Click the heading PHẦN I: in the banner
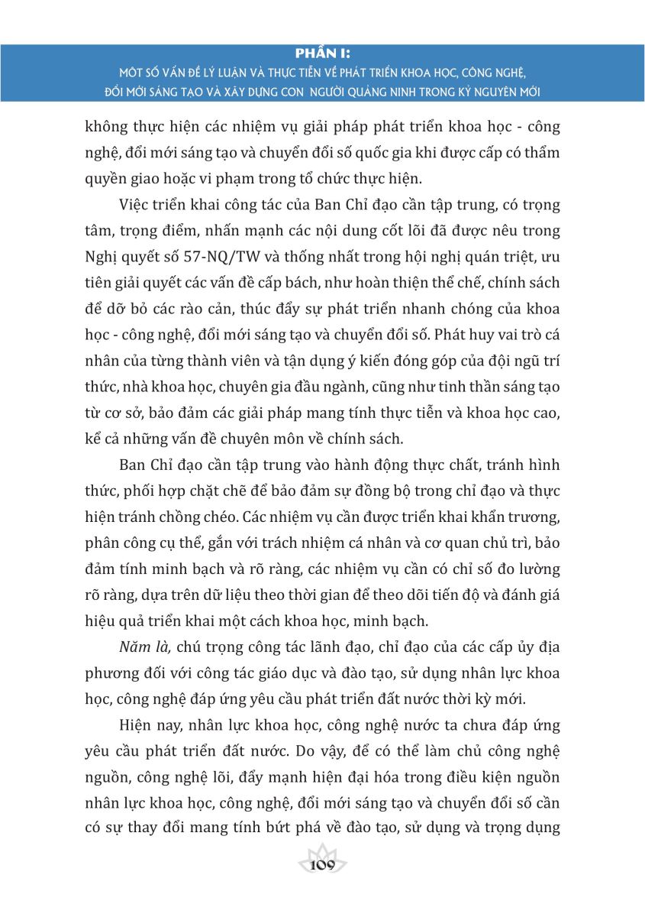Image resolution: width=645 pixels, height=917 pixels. [323, 54]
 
